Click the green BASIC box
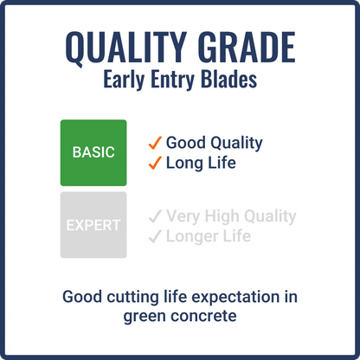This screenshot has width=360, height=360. (x=93, y=152)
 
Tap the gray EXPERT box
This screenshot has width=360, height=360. (x=93, y=225)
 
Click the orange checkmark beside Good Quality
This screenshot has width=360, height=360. (x=155, y=143)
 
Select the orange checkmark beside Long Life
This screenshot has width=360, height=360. (x=155, y=163)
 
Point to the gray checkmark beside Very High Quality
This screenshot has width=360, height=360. (x=155, y=216)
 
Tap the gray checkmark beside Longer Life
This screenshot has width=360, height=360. (x=155, y=236)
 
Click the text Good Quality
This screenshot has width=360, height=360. (x=214, y=143)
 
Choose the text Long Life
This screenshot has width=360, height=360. (x=202, y=163)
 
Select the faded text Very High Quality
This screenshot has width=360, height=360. (x=231, y=216)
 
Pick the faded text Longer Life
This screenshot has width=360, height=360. (x=209, y=236)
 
